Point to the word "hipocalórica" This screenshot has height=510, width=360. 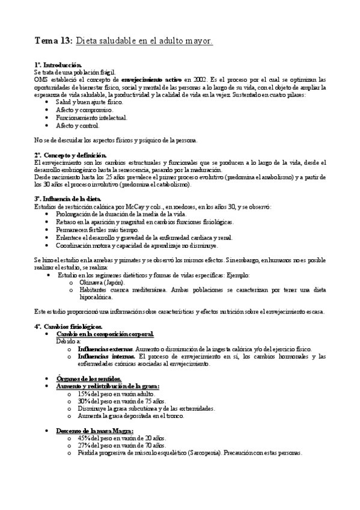pos(100,296)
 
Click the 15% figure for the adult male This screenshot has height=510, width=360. pos(85,393)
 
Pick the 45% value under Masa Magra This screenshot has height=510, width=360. pos(85,438)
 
